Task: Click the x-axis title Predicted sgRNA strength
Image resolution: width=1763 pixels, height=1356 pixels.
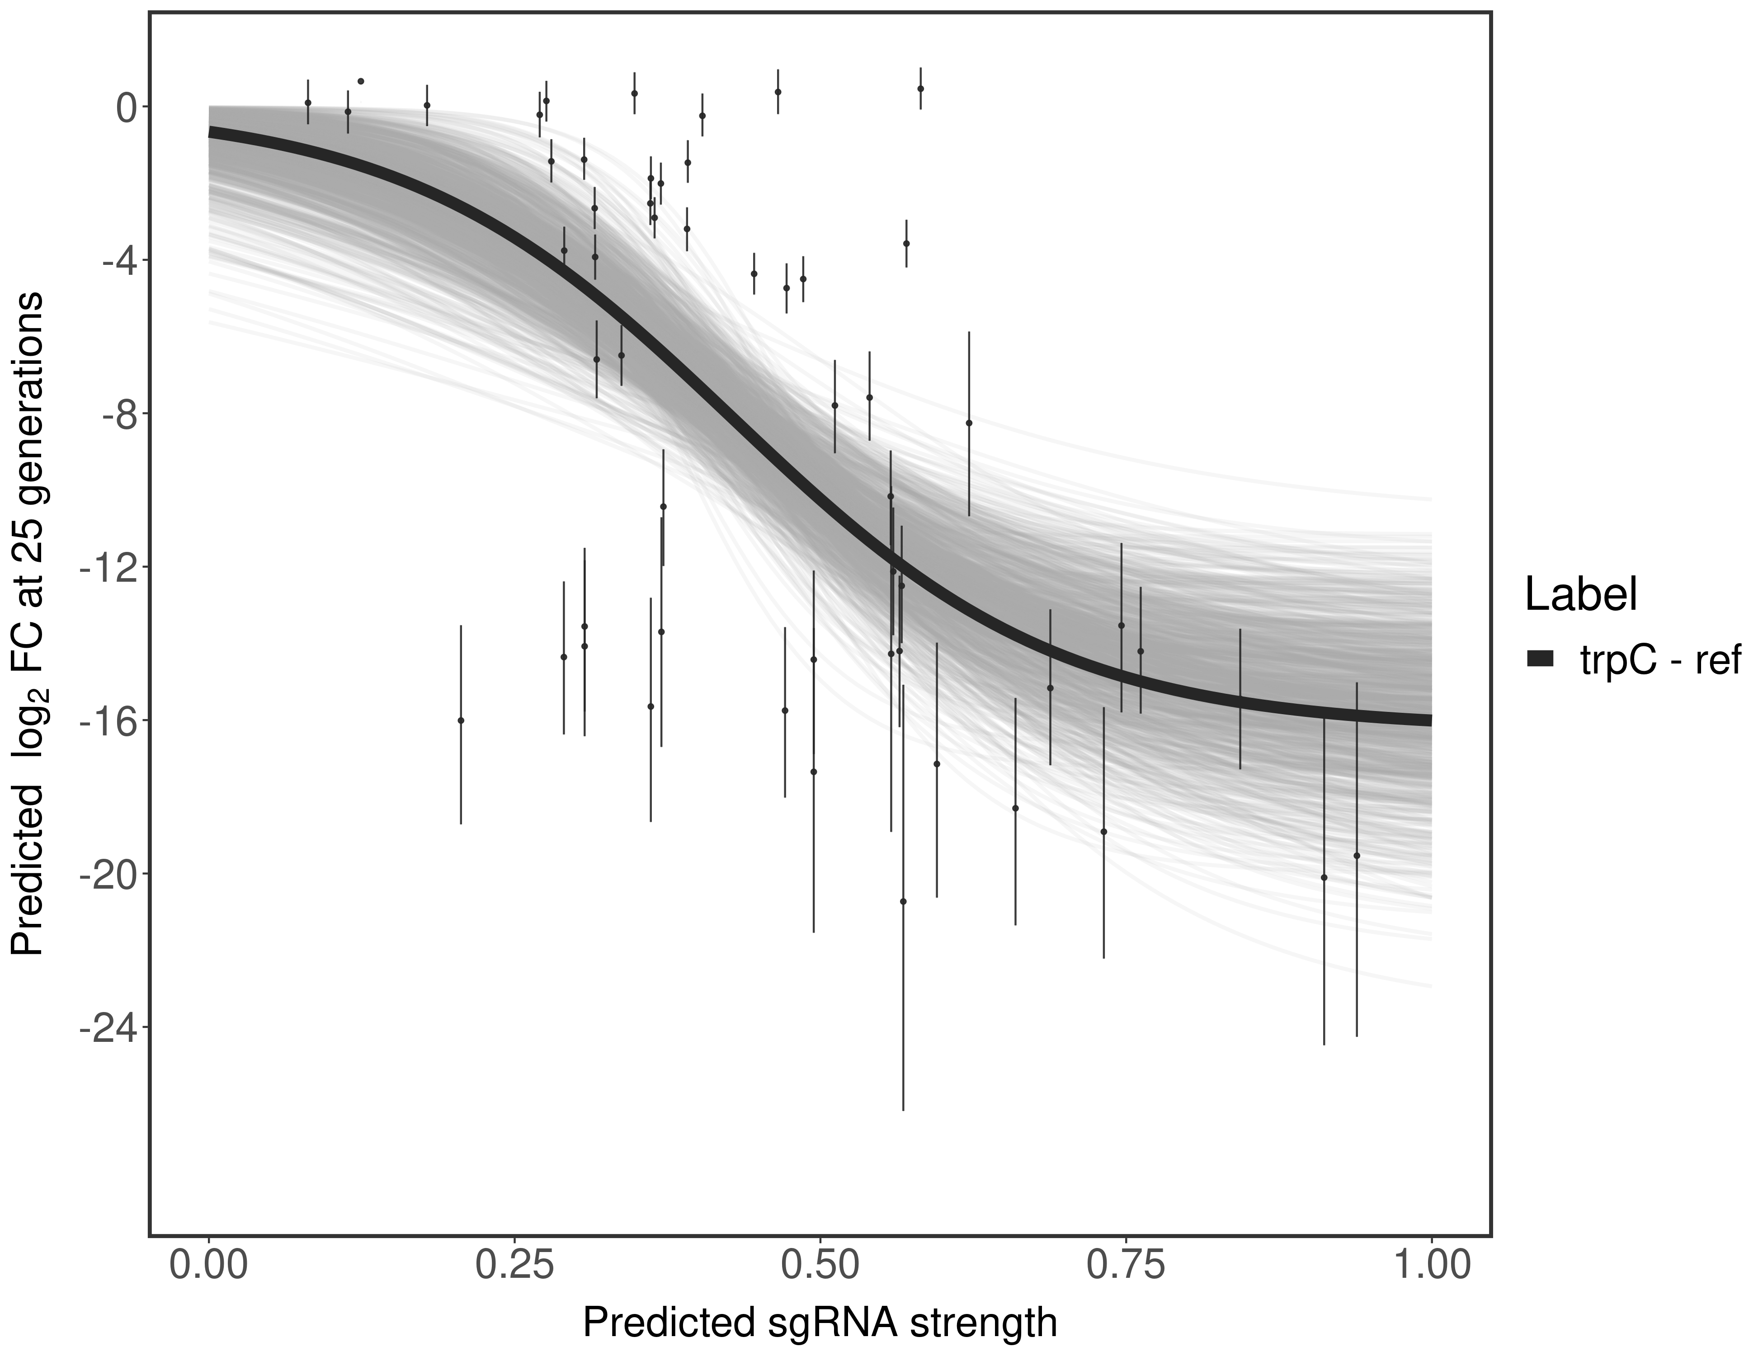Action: [x=819, y=1324]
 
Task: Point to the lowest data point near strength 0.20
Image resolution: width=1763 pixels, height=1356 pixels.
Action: [x=461, y=720]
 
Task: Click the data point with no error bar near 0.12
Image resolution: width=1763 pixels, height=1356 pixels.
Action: [x=361, y=81]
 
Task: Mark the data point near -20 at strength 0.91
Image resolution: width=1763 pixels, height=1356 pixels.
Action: [x=1324, y=877]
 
